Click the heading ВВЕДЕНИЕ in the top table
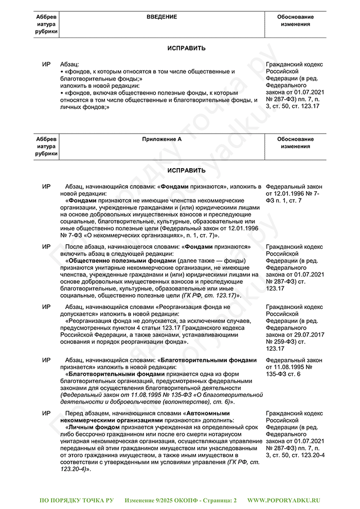point(161,17)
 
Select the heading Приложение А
point(162,139)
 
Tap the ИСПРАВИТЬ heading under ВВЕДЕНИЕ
point(186,48)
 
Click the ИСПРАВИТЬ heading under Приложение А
point(186,170)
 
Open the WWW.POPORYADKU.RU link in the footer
point(284,500)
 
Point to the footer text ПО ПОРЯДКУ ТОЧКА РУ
point(76,500)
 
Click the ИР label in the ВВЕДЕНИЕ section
point(46,65)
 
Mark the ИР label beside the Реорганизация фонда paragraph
point(46,307)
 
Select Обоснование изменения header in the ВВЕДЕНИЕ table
point(295,21)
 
